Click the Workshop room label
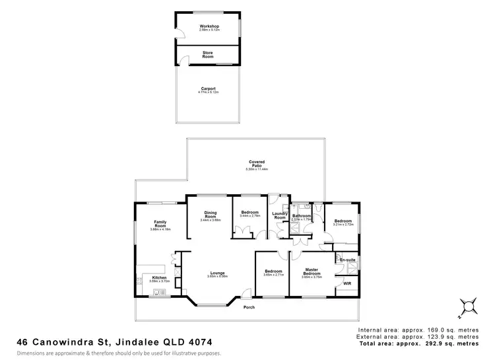(209, 26)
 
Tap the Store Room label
(208, 55)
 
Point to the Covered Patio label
(257, 161)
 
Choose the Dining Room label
(210, 215)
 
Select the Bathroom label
(302, 215)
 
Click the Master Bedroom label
(312, 271)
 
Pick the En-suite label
(347, 260)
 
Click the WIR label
(347, 283)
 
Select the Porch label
(249, 307)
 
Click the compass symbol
(468, 305)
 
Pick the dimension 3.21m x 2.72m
(343, 225)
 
